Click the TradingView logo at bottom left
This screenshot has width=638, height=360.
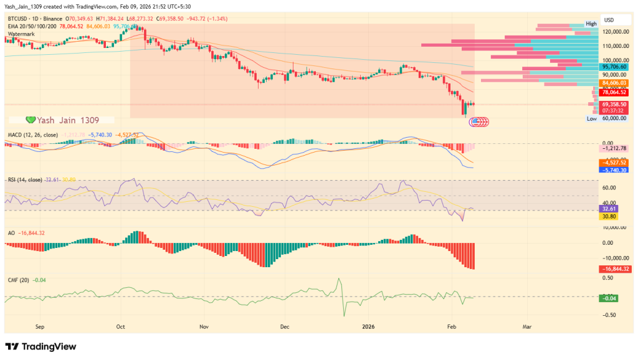tap(41, 346)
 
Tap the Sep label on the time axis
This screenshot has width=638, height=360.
tap(40, 326)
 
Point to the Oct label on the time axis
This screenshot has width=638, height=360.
tap(121, 326)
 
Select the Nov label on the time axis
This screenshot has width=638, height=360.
tap(203, 326)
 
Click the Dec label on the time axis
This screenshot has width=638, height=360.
tap(285, 326)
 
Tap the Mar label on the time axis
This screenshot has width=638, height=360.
tap(526, 326)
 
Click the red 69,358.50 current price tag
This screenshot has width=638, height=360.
tap(614, 104)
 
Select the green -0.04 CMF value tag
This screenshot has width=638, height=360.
tap(609, 299)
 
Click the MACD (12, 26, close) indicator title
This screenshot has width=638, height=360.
tap(32, 135)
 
